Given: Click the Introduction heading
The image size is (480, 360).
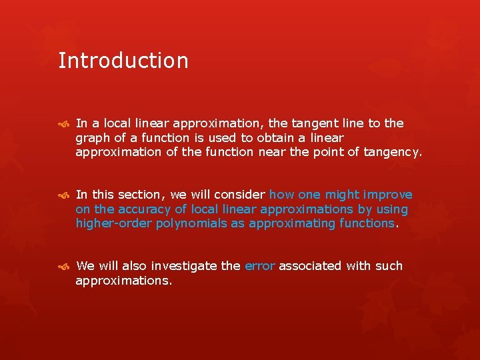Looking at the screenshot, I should tap(123, 61).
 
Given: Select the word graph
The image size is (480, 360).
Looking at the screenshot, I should tap(93, 138).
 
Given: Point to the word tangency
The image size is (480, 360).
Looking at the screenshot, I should tap(392, 152).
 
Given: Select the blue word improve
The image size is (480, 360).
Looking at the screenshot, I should tap(387, 195).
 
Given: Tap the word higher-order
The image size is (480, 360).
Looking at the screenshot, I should tap(114, 223).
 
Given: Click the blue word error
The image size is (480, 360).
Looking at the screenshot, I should tap(260, 266).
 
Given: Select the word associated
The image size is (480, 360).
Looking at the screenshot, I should tap(309, 266).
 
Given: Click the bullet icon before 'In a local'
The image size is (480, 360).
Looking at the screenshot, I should tap(63, 123).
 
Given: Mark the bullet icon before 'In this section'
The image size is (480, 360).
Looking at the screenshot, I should tap(63, 195).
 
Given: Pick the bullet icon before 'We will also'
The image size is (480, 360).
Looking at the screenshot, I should tap(63, 266).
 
